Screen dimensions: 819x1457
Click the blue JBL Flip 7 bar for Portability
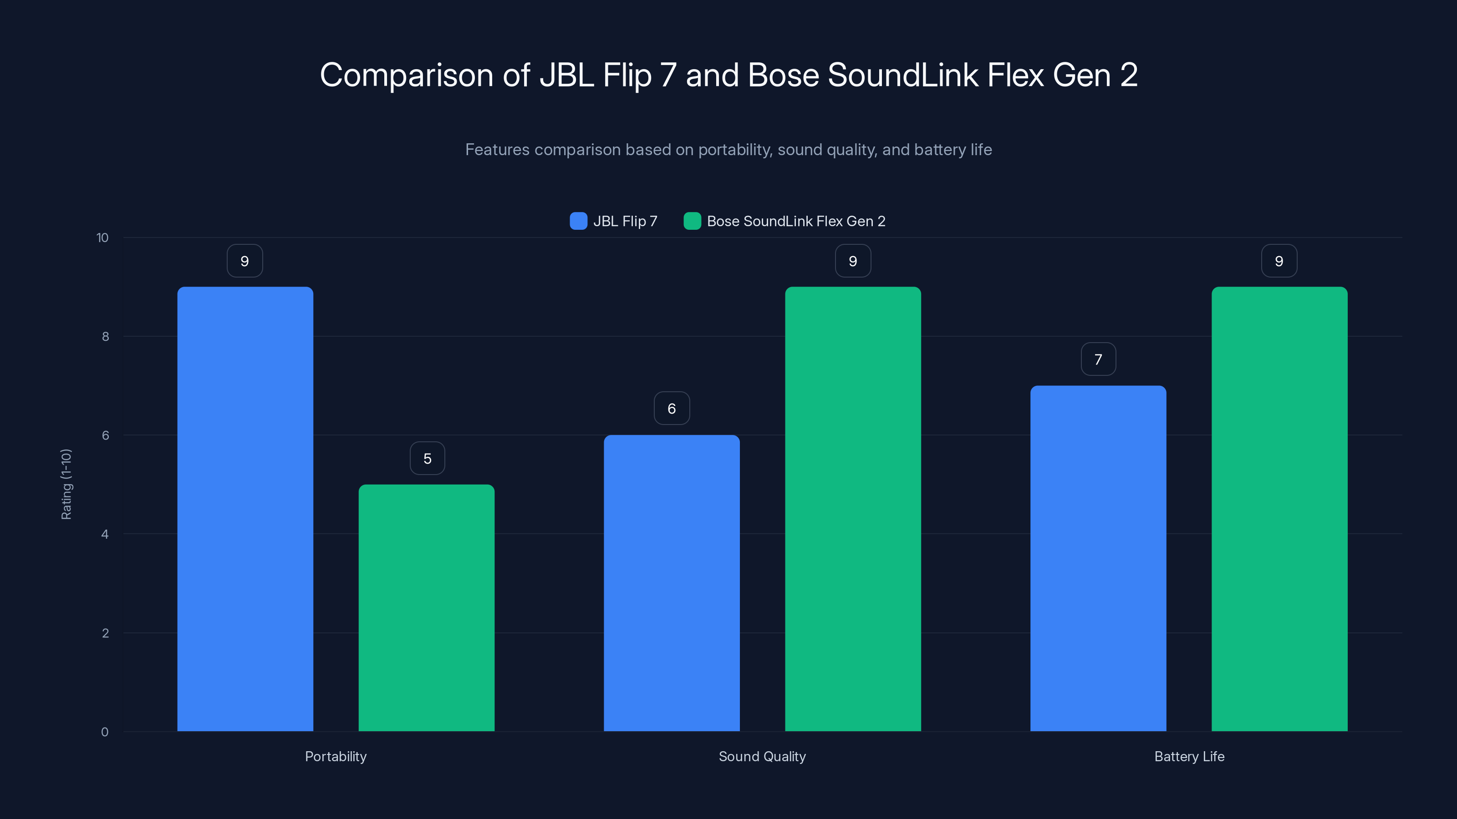245,509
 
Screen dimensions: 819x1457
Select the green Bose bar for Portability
427,607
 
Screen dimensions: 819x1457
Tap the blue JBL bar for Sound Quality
672,583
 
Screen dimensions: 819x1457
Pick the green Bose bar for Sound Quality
853,509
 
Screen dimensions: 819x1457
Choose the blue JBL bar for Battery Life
1098,558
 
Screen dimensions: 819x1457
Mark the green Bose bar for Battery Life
1279,509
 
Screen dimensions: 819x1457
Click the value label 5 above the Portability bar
427,458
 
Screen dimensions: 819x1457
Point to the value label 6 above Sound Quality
672,409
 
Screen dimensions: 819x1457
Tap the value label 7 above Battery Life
1098,359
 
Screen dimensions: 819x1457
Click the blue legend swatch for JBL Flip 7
578,221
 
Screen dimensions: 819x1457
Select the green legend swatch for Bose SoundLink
692,221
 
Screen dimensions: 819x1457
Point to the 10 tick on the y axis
102,238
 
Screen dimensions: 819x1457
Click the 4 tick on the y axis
105,534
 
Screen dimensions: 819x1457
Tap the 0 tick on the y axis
105,732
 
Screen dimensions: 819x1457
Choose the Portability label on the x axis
336,756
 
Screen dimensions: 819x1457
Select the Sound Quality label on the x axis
762,756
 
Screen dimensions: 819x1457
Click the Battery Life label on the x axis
1189,756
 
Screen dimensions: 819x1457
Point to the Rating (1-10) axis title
66,485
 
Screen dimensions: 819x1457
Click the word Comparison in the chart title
406,75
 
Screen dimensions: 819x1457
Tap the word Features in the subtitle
497,150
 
